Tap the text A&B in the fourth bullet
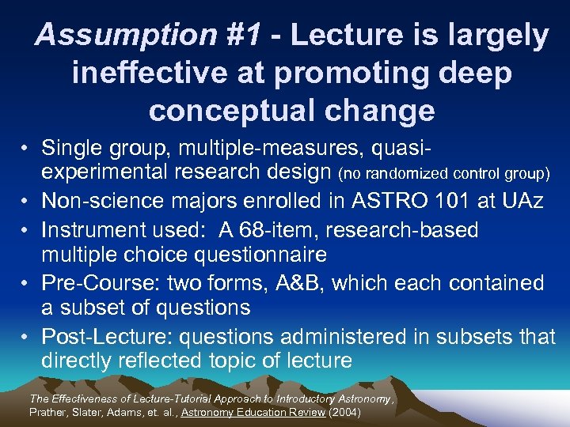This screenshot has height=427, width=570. point(329,282)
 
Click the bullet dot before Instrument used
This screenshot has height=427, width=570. point(27,230)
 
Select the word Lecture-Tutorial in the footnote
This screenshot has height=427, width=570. point(178,399)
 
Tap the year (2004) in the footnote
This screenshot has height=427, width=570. point(344,412)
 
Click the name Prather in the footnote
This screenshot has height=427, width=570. point(48,412)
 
